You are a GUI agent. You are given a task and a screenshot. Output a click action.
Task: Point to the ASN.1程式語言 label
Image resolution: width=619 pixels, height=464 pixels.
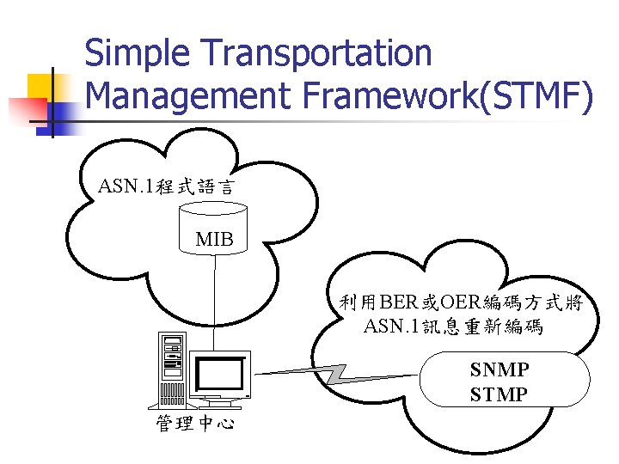(166, 186)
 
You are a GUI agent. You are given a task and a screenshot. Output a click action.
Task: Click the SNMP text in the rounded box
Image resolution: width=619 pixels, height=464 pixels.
(499, 369)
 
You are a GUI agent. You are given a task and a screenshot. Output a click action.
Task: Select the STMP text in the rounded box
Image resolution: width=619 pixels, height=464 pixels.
(499, 394)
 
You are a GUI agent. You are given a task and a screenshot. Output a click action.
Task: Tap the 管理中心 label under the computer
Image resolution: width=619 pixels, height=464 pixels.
(195, 424)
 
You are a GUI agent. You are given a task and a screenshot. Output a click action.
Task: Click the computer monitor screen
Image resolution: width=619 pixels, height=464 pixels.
(220, 373)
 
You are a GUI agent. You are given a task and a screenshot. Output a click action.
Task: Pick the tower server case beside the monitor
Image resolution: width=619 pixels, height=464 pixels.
(172, 368)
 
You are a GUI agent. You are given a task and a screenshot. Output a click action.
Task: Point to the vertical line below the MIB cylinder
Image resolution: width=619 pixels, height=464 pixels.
(214, 301)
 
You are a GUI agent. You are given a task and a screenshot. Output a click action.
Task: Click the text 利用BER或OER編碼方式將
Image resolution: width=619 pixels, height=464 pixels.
(461, 302)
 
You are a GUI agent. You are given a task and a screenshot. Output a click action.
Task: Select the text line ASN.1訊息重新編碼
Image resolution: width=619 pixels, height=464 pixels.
(453, 327)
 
